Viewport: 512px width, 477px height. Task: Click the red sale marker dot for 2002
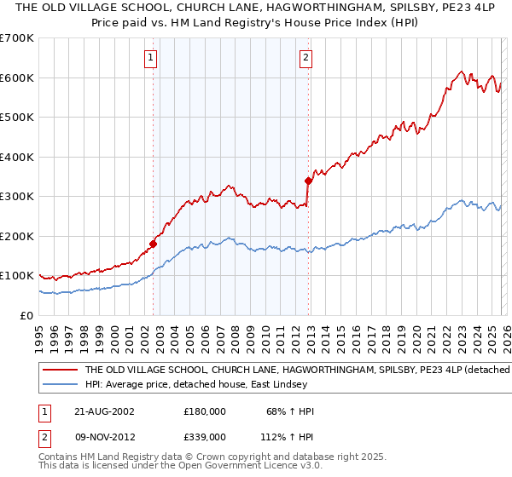tap(154, 244)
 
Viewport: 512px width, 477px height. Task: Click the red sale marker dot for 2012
tap(307, 181)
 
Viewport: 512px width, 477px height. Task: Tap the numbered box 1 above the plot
tap(150, 58)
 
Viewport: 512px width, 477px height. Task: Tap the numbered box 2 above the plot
tap(305, 58)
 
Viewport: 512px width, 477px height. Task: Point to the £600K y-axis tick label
tap(17, 78)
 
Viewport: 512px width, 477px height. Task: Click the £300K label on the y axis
tap(17, 196)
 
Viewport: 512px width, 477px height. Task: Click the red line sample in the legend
tap(60, 371)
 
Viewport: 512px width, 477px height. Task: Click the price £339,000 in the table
tap(204, 436)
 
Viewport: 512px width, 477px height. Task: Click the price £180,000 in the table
tap(204, 411)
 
